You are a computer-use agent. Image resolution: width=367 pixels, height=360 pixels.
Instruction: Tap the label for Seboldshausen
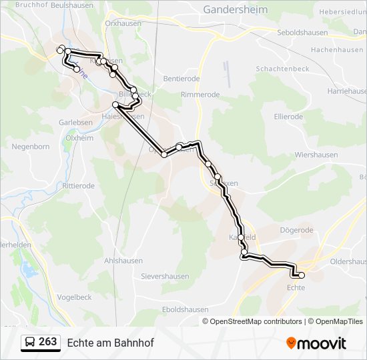click(x=302, y=33)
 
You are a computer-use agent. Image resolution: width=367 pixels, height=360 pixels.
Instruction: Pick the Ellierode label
click(x=288, y=116)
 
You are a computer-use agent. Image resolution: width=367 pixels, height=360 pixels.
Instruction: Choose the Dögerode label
click(x=296, y=230)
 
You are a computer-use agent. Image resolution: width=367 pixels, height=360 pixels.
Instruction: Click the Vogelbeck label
click(x=74, y=297)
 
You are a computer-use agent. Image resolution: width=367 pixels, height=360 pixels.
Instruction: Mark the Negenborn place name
click(x=31, y=146)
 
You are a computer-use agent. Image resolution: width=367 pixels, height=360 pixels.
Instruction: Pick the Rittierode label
click(x=79, y=186)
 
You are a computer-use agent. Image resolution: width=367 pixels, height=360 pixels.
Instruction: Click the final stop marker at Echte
click(x=301, y=275)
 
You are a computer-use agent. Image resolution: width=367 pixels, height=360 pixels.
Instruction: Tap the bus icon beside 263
click(x=29, y=343)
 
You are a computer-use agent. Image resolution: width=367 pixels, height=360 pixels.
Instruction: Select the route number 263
click(x=48, y=342)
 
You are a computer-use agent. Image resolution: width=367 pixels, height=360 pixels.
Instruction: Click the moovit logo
click(x=316, y=343)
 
